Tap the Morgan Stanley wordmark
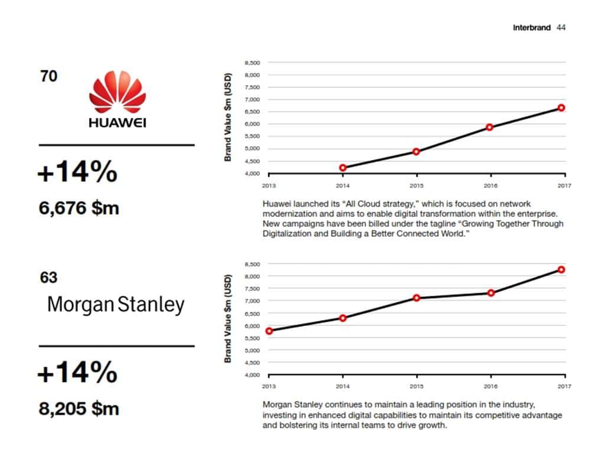(x=116, y=305)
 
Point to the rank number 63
(x=48, y=277)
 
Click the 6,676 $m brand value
(x=79, y=208)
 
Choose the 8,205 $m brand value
(x=79, y=409)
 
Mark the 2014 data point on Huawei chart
(x=343, y=168)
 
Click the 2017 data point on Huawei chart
(x=561, y=108)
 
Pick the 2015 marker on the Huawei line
(x=417, y=152)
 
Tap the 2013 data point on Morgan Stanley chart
(x=269, y=331)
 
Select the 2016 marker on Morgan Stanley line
(x=490, y=293)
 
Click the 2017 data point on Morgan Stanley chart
(x=561, y=270)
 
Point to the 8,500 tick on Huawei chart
(x=252, y=63)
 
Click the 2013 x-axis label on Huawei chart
(x=269, y=184)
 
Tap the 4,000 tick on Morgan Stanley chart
(x=252, y=375)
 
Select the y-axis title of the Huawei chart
(x=228, y=117)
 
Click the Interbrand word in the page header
(x=532, y=28)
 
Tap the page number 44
(x=561, y=28)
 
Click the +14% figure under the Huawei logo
(x=77, y=172)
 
